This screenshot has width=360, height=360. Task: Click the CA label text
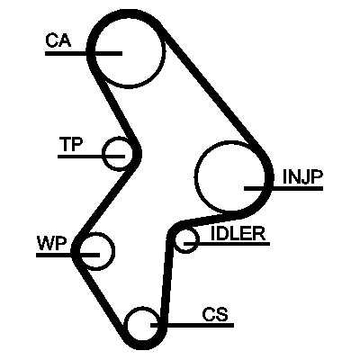[58, 40]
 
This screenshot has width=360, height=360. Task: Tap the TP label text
[71, 144]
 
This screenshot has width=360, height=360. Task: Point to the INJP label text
[302, 177]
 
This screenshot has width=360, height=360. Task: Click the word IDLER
[238, 233]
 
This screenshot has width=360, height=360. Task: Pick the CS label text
[215, 315]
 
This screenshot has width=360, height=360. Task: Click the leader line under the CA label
[84, 53]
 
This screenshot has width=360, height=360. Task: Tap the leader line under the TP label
[91, 157]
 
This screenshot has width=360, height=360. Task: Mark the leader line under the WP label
[67, 255]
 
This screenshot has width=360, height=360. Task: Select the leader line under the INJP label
[283, 188]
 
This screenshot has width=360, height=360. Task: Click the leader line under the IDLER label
[227, 244]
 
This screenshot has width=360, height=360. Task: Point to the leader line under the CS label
[192, 325]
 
